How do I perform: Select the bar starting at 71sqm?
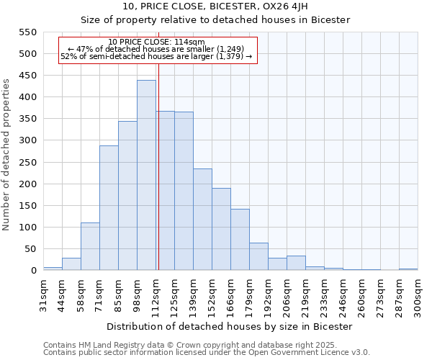pyautogui.click(x=109, y=208)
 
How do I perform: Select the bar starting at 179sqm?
pyautogui.click(x=258, y=256)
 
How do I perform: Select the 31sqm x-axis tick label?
pyautogui.click(x=43, y=293)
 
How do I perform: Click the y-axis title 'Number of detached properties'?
pyautogui.click(x=6, y=156)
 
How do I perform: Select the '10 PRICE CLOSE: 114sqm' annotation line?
pyautogui.click(x=156, y=42)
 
